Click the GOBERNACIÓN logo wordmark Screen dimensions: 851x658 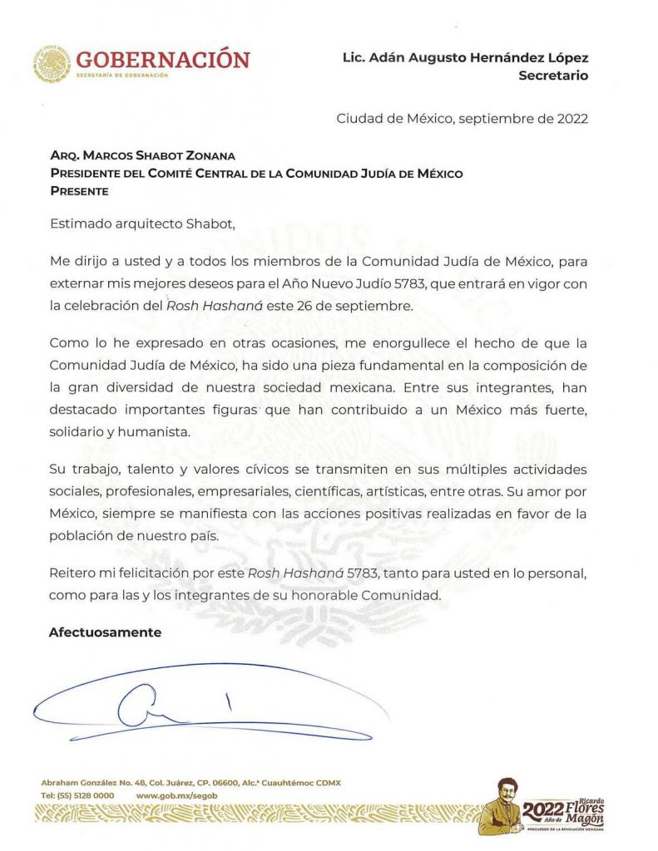pos(162,60)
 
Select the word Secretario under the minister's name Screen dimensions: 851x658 pos(553,76)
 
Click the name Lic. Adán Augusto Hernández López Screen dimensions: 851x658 pos(465,58)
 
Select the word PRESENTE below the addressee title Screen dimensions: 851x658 pos(79,190)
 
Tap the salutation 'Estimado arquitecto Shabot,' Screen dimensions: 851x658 pos(137,224)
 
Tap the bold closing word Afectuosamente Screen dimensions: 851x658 pos(105,632)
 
